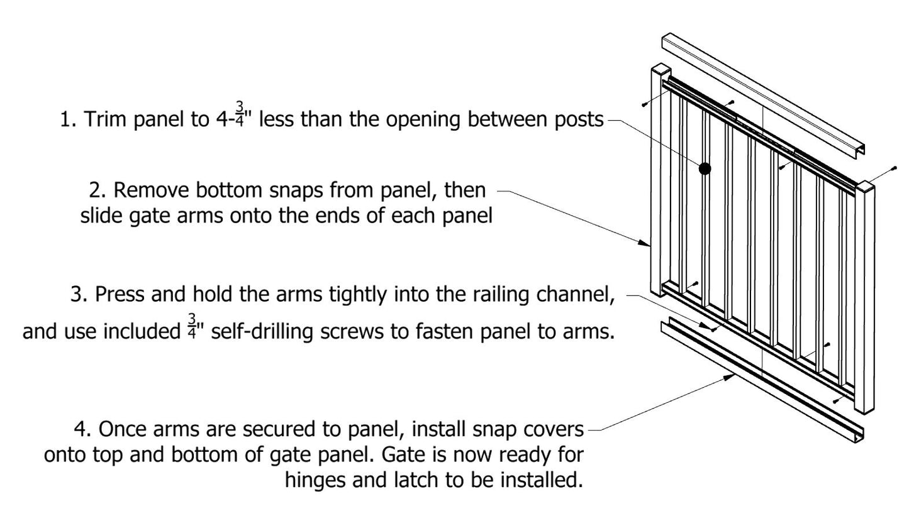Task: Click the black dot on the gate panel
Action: tap(705, 168)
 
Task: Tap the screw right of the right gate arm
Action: tap(893, 169)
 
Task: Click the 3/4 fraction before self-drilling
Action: tap(191, 326)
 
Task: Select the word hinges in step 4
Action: tap(315, 480)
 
